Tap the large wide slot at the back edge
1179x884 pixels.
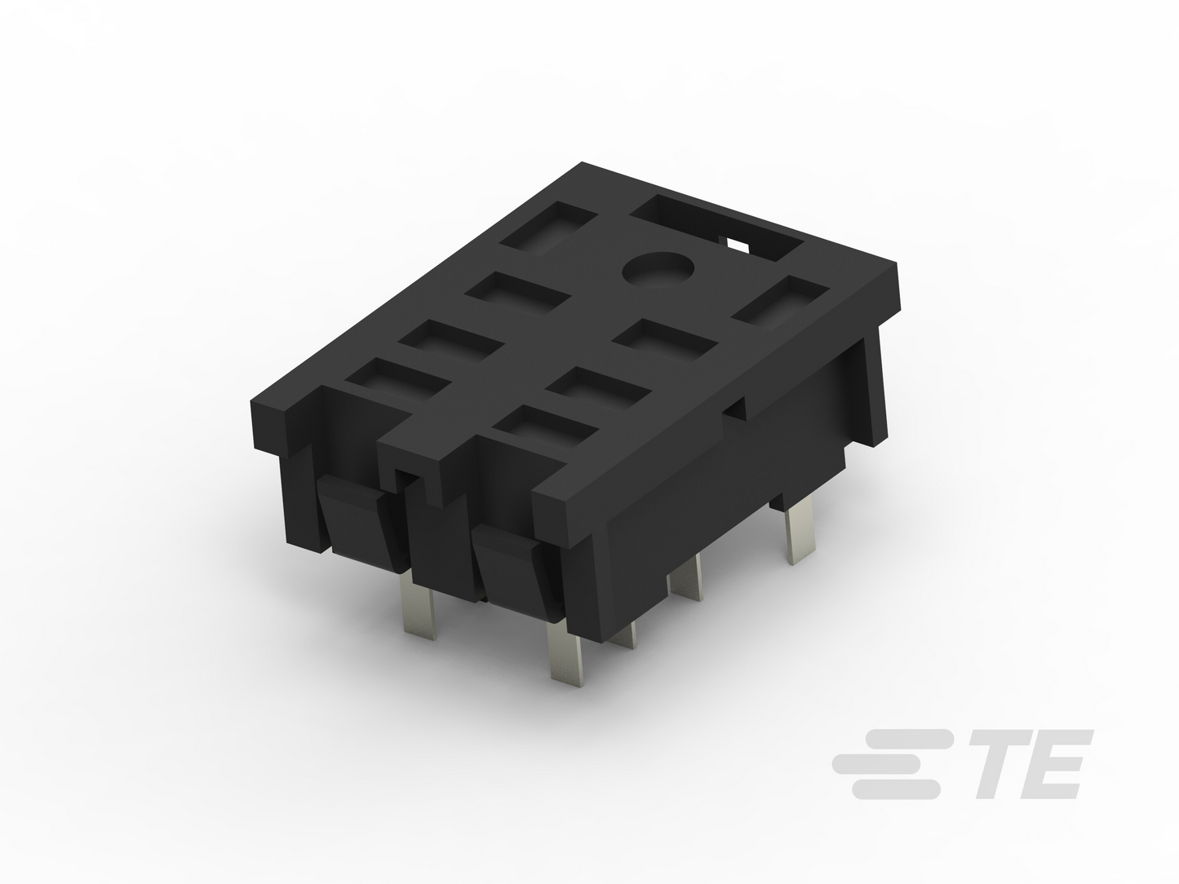click(717, 228)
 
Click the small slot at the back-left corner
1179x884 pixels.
click(547, 228)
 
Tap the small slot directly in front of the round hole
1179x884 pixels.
click(665, 341)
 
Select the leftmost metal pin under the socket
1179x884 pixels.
click(419, 603)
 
